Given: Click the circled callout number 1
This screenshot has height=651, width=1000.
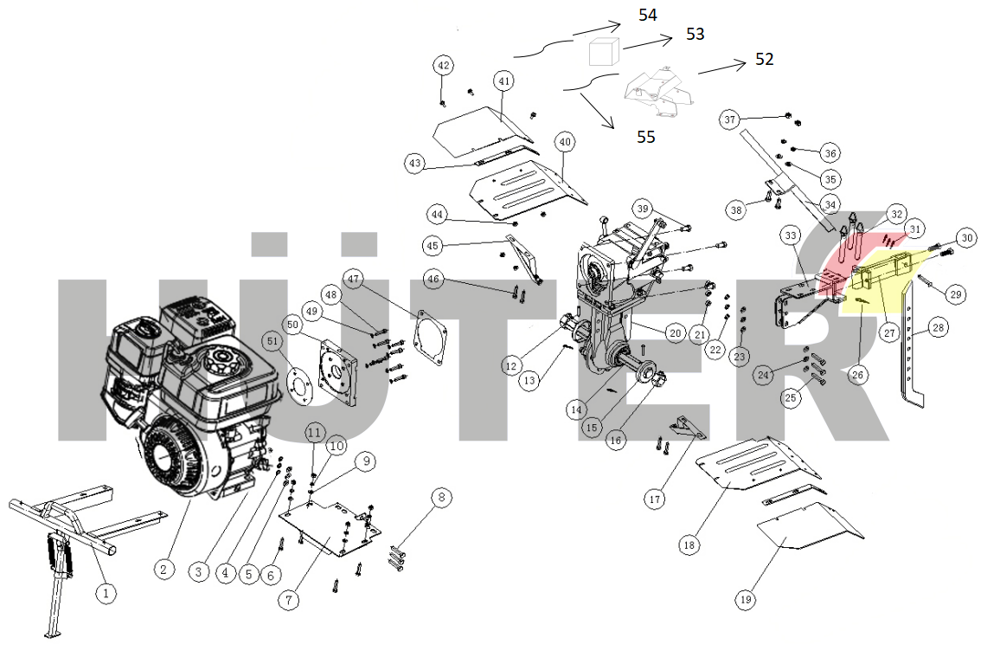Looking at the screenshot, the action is (106, 594).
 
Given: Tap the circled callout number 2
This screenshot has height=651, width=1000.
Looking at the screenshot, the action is (163, 570).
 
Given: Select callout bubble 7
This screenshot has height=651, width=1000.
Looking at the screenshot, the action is (289, 600).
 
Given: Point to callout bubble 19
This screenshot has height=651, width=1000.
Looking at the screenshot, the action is (746, 600).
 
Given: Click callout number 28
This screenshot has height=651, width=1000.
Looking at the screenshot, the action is (938, 328).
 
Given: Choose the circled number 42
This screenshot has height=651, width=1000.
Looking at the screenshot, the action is (444, 66).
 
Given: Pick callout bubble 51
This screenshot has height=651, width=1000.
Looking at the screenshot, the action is (273, 342).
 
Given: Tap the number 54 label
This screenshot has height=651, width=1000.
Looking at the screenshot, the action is (647, 15).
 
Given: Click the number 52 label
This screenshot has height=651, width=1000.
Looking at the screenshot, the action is (764, 59).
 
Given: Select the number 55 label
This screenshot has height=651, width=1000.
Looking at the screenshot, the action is (646, 137).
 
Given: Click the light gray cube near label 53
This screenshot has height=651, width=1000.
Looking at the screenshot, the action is (604, 51).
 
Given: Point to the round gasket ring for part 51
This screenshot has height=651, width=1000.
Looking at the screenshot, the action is (299, 384).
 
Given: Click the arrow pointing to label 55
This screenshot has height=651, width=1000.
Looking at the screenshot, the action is (597, 111).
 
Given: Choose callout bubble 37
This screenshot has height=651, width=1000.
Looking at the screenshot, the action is (730, 119).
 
